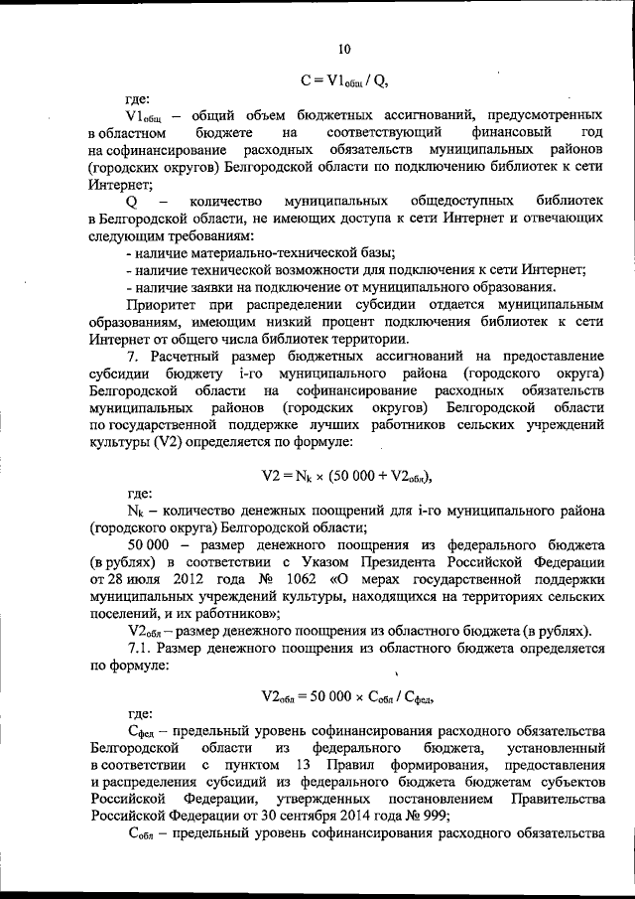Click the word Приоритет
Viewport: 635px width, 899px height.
coord(167,302)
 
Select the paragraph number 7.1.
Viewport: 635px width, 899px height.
coord(140,649)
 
